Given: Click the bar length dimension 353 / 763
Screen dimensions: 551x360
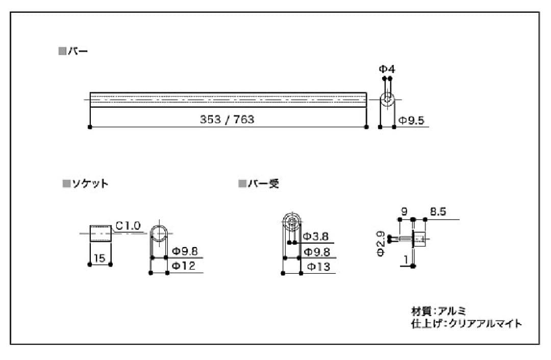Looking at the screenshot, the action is point(227,119).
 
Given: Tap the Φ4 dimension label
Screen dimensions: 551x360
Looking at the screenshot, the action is point(387,69).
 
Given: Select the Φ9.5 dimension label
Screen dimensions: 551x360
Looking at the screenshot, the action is point(412,121).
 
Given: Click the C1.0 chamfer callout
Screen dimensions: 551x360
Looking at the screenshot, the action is point(128,226).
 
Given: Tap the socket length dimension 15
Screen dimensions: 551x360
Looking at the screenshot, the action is point(99,258).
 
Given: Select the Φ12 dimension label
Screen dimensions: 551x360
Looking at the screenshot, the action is point(184,266).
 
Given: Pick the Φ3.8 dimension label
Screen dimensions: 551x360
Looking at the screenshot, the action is point(316,236).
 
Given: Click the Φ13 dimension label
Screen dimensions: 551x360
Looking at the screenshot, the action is point(318,267).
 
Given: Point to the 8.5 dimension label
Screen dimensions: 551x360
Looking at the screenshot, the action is point(438,211).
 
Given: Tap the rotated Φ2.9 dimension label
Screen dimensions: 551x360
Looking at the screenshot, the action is point(381,244).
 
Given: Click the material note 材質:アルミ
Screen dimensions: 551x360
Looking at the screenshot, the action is point(439,311).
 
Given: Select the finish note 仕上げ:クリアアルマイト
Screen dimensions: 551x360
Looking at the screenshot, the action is point(467,323).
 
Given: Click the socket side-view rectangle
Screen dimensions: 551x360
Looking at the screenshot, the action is point(101,233).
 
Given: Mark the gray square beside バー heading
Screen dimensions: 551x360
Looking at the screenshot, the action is point(62,52).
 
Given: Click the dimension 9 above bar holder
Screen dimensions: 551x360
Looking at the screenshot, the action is point(404,211).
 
